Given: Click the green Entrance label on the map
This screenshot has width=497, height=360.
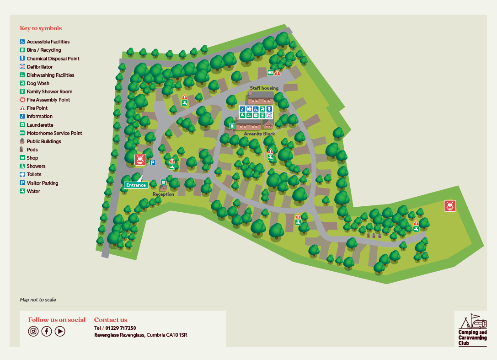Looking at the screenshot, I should point(136,185).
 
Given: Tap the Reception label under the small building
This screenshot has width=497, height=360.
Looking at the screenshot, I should point(163,194).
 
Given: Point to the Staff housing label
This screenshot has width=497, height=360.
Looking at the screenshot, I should point(264,88).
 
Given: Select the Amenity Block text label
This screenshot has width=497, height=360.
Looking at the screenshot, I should point(259,134).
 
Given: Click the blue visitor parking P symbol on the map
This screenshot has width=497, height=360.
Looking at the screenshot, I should point(152,162).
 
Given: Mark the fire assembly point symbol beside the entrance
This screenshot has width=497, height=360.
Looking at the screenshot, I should point(140,159).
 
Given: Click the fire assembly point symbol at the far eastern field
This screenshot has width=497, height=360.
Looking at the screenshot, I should point(450,206).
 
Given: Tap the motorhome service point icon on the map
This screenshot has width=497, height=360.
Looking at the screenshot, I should point(270,72).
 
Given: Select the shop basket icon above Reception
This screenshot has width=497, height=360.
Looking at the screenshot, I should point(163,182).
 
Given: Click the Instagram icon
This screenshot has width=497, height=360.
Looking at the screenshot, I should point(33,331).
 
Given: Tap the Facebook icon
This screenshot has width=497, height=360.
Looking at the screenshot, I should point(47,331).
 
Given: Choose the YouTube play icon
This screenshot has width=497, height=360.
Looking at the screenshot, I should point(60,331).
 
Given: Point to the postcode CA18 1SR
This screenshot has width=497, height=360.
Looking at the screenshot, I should point(177,335).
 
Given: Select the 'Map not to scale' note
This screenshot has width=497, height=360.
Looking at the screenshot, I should point(38,300).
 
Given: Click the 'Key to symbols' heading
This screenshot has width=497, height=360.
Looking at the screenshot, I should point(41,28).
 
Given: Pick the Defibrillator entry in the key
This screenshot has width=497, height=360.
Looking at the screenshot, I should point(39,67).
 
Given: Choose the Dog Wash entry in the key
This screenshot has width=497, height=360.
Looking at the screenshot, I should point(37,83).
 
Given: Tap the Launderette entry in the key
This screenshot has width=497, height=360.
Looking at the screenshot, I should point(39,125).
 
